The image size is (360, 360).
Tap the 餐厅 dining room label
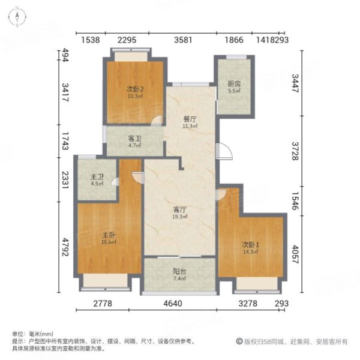click(190, 119)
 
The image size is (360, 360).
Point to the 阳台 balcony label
click(179, 271)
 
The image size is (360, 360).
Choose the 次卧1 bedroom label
click(250, 244)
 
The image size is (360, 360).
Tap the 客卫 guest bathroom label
click(134, 137)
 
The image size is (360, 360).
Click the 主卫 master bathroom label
click(97, 176)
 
